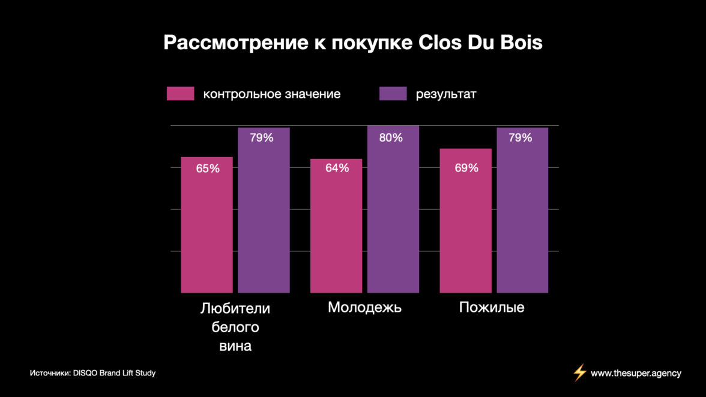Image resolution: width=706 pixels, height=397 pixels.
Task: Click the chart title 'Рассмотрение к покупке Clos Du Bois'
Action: click(353, 43)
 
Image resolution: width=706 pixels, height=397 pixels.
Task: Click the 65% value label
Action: click(208, 169)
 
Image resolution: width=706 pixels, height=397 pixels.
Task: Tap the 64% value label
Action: click(337, 168)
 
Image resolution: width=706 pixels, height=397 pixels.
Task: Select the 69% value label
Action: click(466, 168)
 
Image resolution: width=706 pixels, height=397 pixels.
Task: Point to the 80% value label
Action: click(391, 138)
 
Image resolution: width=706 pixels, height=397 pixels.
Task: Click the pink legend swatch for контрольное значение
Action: click(181, 94)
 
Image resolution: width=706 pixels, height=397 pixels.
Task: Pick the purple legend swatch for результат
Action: click(393, 94)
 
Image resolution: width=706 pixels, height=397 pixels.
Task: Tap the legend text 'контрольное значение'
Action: click(272, 94)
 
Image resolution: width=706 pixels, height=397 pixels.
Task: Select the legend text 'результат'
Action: click(446, 94)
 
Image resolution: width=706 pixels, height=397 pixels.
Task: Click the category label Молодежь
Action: click(364, 308)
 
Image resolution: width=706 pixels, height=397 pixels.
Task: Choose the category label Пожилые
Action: click(492, 308)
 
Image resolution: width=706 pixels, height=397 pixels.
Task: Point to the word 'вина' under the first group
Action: click(235, 346)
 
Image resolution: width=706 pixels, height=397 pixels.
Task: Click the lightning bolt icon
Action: click(579, 373)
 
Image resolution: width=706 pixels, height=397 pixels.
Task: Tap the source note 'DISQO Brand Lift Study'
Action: click(114, 373)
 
